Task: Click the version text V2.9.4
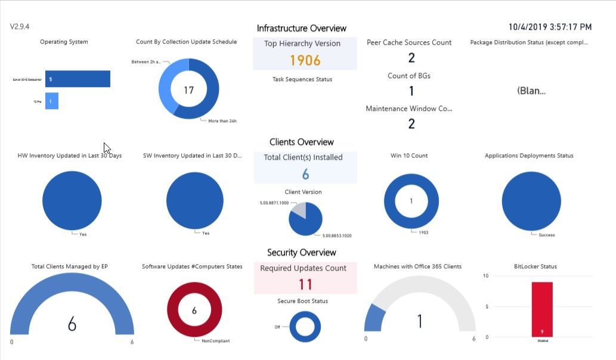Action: point(20,27)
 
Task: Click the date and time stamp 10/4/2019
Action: point(550,27)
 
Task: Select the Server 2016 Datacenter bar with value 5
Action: point(78,79)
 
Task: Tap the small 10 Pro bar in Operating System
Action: point(51,101)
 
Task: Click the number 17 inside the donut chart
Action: point(188,91)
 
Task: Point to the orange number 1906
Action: point(305,60)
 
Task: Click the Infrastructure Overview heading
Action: point(301,28)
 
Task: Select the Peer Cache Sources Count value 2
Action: point(411,58)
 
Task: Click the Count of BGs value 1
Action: point(411,91)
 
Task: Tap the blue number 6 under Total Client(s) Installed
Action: point(305,174)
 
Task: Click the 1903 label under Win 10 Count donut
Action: point(423,232)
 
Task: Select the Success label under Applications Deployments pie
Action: point(546,235)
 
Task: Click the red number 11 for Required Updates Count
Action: point(305,284)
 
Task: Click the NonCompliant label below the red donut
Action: point(215,341)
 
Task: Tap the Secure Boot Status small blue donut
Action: point(305,327)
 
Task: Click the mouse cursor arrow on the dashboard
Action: point(107,147)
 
